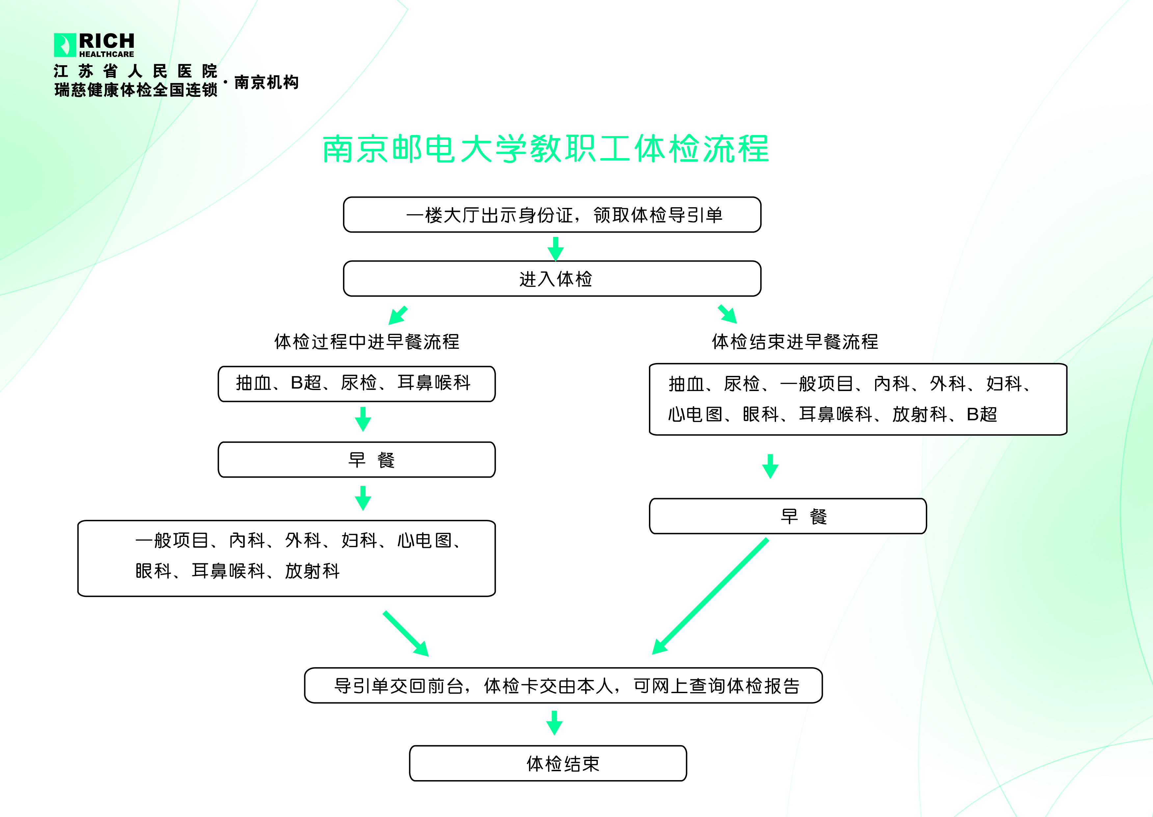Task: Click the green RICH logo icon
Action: coord(64,45)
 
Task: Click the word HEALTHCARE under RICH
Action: coord(107,54)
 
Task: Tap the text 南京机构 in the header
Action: coord(266,82)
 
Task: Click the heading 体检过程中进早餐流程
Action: coord(366,342)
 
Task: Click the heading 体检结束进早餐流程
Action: coord(795,342)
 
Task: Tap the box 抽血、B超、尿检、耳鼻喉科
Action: coord(357,384)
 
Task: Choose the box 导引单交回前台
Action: coord(563,685)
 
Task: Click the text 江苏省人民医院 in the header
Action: coord(135,71)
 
